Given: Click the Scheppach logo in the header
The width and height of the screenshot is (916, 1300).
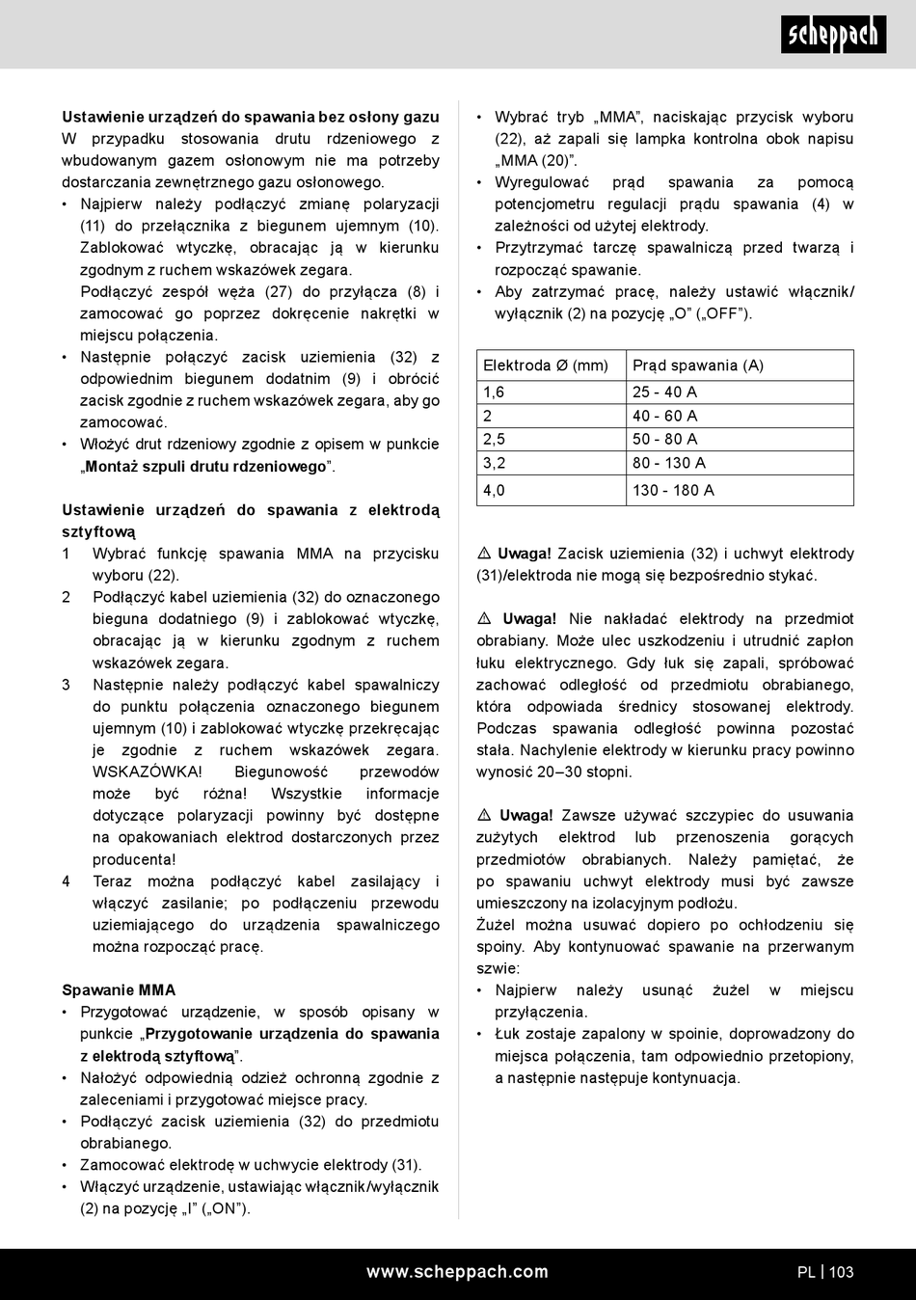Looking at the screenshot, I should [x=833, y=35].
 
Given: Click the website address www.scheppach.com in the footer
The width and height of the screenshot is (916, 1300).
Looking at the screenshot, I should [x=457, y=1272].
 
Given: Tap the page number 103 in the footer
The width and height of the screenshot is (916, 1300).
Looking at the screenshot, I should [x=841, y=1272].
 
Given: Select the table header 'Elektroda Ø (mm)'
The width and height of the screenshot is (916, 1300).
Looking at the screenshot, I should [x=546, y=366].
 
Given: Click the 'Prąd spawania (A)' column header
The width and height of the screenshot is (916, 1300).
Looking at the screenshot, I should [x=698, y=366].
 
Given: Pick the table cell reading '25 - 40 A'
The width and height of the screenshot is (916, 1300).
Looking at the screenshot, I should [x=664, y=393].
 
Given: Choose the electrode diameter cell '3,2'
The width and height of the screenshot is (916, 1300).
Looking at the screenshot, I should [x=495, y=463].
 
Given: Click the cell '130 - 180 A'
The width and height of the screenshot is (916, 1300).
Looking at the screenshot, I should [x=673, y=491].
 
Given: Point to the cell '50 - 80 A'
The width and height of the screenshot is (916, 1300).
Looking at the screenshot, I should [x=664, y=440].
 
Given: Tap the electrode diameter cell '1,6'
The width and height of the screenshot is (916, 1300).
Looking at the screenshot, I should [x=494, y=393].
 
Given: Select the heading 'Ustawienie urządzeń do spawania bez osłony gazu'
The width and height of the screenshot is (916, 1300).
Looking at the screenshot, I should [x=251, y=117].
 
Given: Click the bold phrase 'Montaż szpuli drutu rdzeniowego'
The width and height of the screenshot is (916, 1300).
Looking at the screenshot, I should [x=206, y=467].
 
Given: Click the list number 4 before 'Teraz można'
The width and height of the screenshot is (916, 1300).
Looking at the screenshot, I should [x=67, y=881].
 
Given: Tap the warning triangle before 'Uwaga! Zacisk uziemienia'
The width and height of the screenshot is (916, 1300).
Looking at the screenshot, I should [x=485, y=554].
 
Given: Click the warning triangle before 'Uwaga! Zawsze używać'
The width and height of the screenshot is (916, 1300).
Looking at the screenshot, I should [x=485, y=816].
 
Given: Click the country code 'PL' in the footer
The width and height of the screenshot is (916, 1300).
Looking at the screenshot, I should [x=806, y=1272].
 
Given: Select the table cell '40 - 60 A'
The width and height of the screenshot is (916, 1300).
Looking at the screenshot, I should [x=664, y=417].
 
